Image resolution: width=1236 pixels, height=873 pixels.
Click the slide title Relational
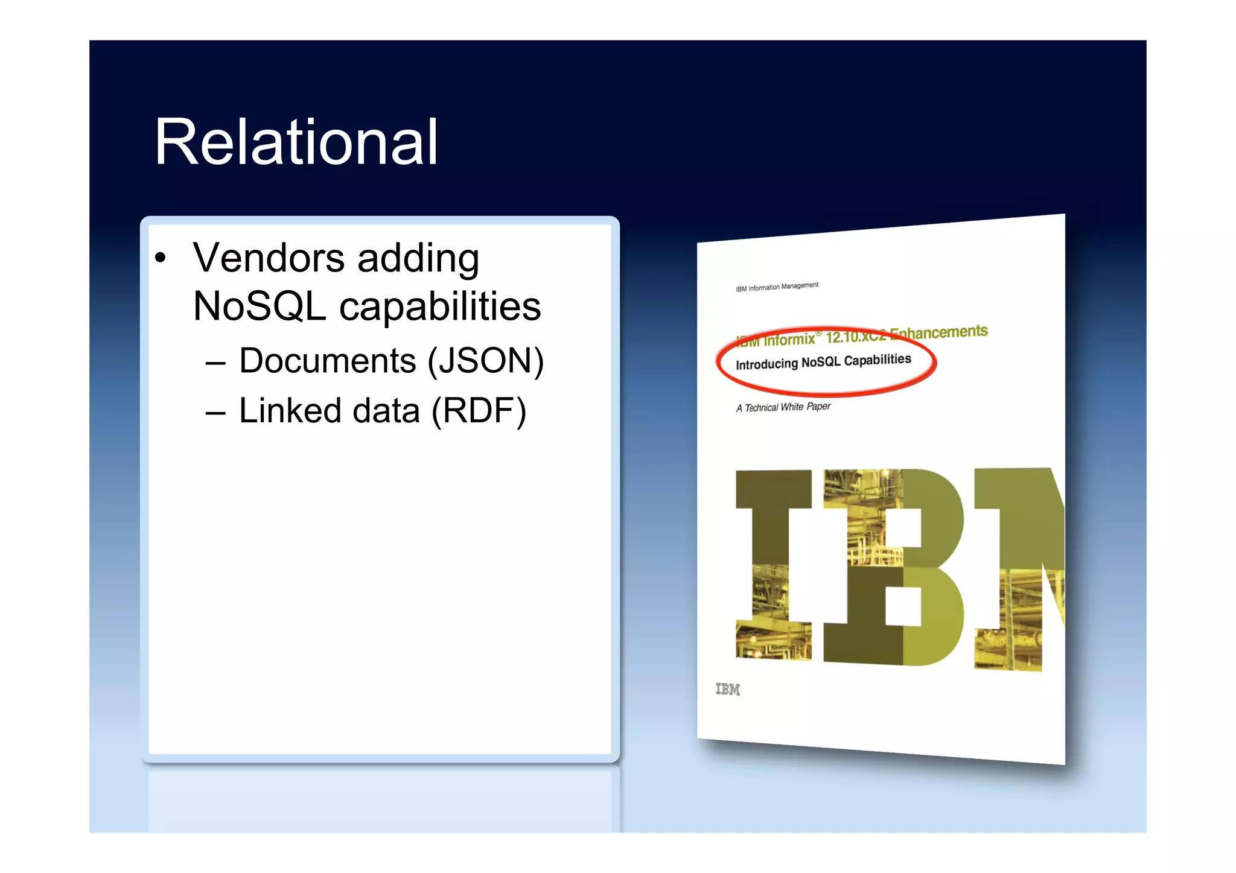(296, 142)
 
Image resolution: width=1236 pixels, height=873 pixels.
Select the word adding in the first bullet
(418, 258)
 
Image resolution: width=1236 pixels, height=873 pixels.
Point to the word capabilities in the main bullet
(440, 306)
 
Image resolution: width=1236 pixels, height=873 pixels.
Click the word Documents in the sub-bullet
(327, 361)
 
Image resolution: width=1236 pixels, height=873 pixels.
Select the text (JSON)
(486, 361)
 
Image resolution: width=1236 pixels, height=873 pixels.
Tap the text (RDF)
(479, 411)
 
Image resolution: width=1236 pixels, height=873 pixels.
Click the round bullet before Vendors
(160, 258)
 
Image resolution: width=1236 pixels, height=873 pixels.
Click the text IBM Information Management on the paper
(777, 287)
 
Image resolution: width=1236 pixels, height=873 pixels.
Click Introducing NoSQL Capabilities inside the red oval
(823, 362)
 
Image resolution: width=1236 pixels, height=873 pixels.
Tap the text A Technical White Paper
(783, 407)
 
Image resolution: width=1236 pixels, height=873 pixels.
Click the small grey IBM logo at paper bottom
(727, 689)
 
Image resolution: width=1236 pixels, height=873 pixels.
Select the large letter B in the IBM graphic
(893, 567)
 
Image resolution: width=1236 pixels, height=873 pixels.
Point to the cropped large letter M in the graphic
(1020, 567)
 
